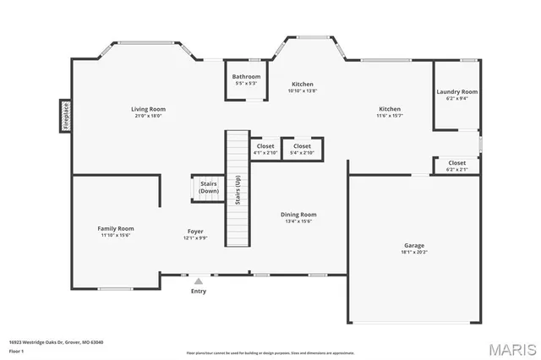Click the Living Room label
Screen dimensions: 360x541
148,109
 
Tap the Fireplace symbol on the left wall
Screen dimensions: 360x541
63,116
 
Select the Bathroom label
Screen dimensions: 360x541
247,77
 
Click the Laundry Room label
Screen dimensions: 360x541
456,91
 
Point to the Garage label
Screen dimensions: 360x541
413,245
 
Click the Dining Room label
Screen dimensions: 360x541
298,214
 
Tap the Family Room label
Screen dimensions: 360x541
115,228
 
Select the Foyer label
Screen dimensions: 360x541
195,231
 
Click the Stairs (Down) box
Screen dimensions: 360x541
208,188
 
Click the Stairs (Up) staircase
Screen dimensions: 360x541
238,188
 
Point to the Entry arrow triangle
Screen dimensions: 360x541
198,281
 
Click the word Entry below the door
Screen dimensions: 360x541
198,292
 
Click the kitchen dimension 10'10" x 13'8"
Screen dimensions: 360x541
302,91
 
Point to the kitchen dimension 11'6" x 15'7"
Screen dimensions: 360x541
389,116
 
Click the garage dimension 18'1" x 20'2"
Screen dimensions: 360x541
413,252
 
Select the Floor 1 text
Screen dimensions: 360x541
16,350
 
